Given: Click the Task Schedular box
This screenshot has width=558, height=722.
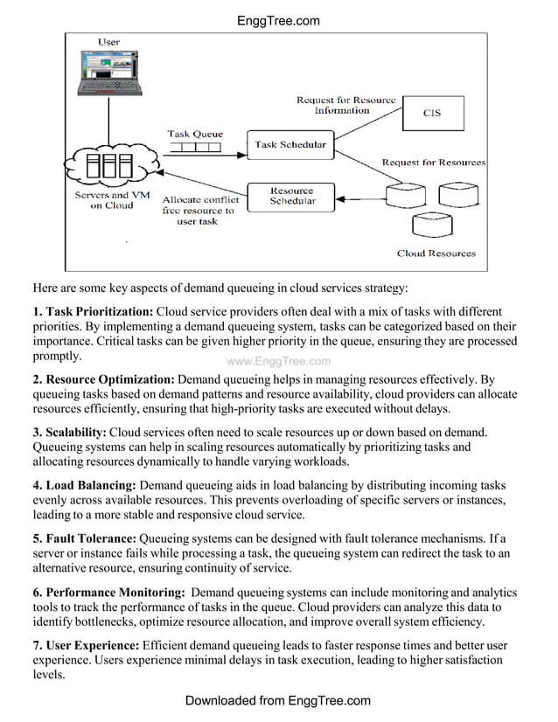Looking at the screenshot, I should (x=289, y=145).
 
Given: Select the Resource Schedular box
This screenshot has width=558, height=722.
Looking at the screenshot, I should (x=291, y=196).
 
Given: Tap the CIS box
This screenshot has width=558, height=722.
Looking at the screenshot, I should (x=432, y=113).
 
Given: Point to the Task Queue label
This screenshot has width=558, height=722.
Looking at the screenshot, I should (x=195, y=134).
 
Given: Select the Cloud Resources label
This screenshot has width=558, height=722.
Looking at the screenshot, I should (x=436, y=253).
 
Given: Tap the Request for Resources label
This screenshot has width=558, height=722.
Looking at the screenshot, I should (x=433, y=163).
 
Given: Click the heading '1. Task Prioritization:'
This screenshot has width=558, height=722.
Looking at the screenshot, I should (x=93, y=312).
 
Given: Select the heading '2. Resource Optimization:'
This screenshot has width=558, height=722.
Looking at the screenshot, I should (x=104, y=379).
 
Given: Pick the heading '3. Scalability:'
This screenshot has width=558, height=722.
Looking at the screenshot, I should (x=69, y=433).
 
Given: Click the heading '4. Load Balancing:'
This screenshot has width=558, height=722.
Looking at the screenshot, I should (x=84, y=485).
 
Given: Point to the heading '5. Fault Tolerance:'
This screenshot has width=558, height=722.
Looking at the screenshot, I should (x=84, y=538).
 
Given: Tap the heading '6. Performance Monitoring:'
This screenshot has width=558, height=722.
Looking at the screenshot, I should (x=108, y=592).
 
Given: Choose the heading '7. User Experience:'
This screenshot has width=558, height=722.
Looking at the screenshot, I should (x=86, y=645).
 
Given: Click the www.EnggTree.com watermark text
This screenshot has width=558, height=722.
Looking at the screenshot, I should (x=278, y=361).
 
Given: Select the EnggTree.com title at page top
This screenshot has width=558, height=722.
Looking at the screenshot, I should (x=278, y=21).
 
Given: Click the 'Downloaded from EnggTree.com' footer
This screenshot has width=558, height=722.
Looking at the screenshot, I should (x=278, y=701).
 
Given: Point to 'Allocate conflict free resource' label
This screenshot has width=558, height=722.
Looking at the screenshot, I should (x=199, y=211).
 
